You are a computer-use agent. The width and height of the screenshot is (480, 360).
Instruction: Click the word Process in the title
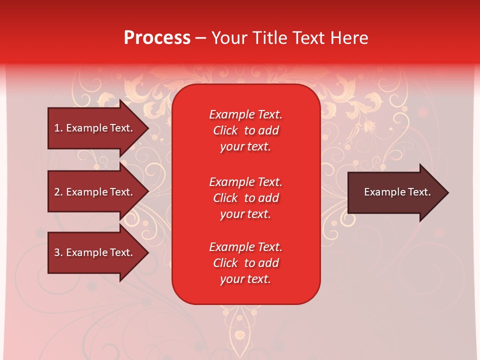157,38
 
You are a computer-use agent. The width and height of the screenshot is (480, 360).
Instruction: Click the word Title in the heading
269,38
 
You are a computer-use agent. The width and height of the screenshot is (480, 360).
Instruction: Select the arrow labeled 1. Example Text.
95,128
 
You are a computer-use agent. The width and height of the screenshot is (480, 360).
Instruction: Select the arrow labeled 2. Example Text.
95,192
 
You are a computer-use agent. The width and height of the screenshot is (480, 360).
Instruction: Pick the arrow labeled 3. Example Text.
95,252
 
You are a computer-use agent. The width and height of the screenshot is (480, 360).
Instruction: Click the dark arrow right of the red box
395,192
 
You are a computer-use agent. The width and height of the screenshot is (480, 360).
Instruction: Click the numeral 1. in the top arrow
58,128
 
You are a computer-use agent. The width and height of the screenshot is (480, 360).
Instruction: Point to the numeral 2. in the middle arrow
58,192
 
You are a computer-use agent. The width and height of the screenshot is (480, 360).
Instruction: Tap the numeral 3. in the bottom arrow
58,252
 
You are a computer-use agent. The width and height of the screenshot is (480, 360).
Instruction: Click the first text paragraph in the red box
245,130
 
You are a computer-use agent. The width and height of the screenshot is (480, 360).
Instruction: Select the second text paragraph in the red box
245,198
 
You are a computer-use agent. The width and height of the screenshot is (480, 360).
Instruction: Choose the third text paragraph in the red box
245,263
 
